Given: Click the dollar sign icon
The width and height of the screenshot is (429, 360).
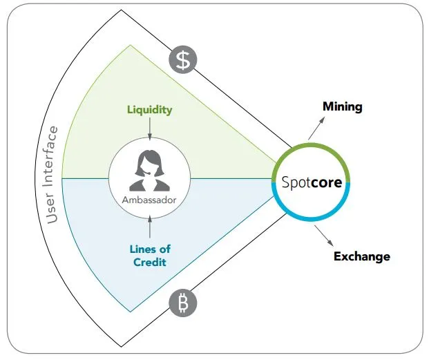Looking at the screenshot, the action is [183, 59].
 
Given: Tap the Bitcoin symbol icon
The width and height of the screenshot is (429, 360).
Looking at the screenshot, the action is [183, 303].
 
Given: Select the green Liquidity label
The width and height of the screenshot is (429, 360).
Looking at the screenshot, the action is [150, 110].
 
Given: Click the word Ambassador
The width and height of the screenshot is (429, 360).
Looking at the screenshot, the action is [149, 200].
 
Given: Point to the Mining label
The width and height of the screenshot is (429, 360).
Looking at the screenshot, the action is [343, 107].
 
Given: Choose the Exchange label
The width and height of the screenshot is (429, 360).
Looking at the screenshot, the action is [362, 256].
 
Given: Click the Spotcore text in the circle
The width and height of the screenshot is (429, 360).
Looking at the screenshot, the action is [312, 182].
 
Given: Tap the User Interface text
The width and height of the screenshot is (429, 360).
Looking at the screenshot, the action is [52, 175].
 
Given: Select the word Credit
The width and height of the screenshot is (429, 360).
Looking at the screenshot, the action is [150, 263].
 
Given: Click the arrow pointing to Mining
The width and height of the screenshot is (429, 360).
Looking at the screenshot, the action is [317, 128].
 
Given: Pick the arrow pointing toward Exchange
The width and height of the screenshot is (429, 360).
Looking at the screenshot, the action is [324, 236].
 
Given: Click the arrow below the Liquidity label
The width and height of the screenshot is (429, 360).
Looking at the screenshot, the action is [150, 129].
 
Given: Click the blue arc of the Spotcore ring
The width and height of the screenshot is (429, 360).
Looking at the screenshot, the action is [312, 218].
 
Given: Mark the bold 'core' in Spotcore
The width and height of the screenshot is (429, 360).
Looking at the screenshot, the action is [327, 182].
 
